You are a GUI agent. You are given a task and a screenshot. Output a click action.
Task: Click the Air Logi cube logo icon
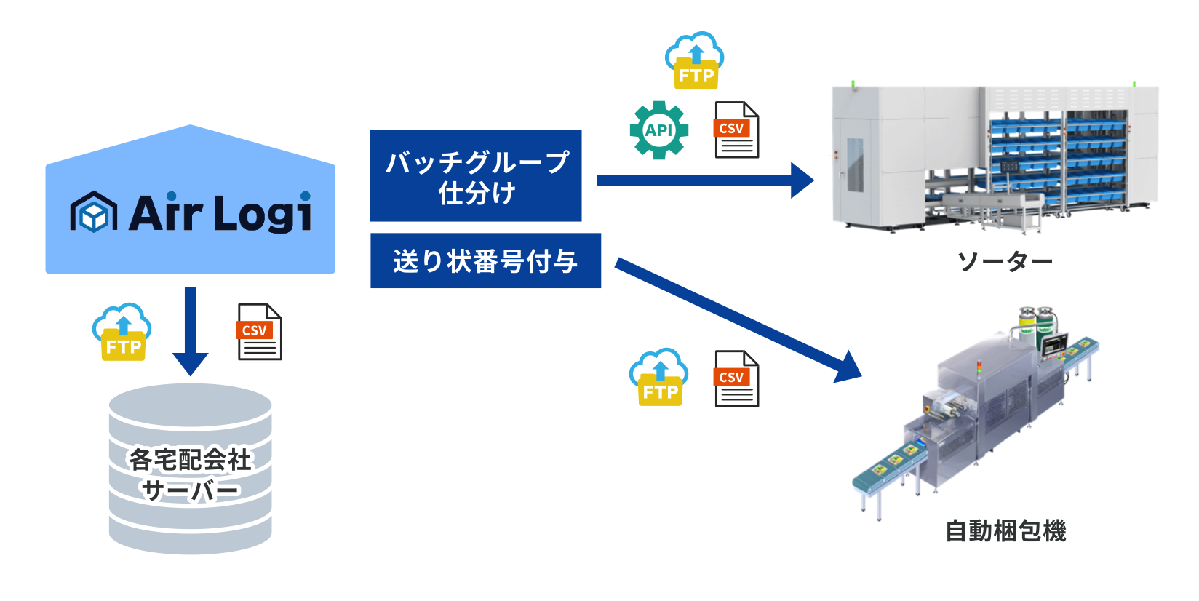tap(94, 212)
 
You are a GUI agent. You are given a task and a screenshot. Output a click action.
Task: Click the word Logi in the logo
tap(263, 213)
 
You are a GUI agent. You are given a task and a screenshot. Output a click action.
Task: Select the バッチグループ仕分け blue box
tap(476, 175)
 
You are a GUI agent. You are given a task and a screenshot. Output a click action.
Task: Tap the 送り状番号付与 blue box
tap(485, 260)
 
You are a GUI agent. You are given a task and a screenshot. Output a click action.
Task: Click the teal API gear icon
tap(658, 130)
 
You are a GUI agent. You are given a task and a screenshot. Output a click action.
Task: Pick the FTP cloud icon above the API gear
tap(695, 61)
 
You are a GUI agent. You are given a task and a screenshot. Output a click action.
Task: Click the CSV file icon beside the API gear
tap(736, 130)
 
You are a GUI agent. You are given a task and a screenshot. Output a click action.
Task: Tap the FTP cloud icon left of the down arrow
tap(122, 332)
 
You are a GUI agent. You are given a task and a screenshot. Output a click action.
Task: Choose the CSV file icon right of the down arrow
tap(260, 332)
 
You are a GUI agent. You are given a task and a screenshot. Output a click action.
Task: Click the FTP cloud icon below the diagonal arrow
tap(659, 378)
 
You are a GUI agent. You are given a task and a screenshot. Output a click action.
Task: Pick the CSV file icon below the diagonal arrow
tap(736, 379)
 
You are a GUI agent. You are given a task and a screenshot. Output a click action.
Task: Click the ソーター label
tap(1005, 261)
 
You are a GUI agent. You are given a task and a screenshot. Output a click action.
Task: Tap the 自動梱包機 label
tap(1005, 530)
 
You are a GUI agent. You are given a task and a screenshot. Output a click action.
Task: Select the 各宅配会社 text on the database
tap(190, 459)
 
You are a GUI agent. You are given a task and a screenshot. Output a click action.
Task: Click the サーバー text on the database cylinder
tap(190, 490)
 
